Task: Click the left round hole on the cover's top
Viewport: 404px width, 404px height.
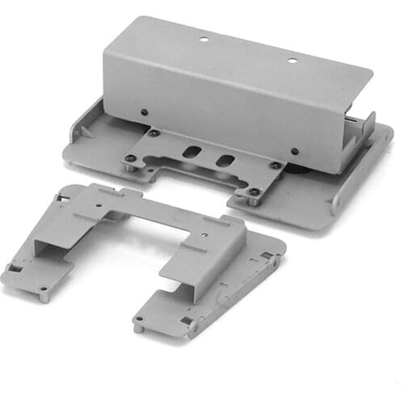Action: (204, 38)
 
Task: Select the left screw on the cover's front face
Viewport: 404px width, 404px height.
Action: (145, 113)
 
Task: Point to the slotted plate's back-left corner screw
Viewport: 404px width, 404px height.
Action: (153, 133)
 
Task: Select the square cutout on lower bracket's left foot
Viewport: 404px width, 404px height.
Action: (15, 267)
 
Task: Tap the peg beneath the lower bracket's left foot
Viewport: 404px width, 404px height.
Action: (42, 296)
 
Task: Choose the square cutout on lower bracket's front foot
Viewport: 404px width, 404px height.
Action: (187, 321)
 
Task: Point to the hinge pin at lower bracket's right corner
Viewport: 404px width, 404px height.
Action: (277, 259)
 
